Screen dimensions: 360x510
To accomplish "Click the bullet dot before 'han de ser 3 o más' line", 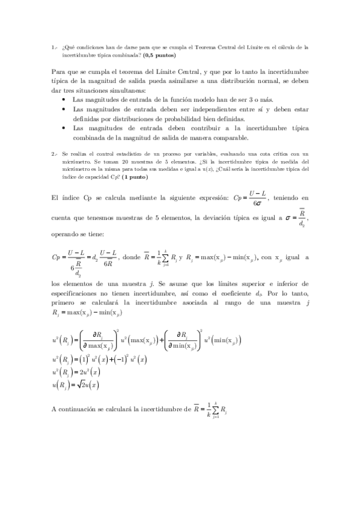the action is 64,99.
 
